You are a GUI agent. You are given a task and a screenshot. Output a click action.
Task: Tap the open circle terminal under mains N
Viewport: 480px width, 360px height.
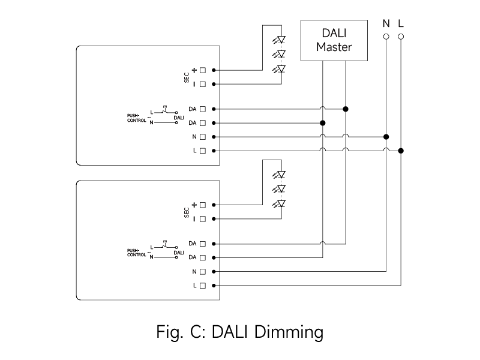386,37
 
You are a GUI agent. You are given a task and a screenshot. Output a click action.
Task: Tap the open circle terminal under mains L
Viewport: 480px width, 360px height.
401,37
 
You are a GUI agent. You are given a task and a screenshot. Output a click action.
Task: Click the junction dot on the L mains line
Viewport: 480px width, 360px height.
401,151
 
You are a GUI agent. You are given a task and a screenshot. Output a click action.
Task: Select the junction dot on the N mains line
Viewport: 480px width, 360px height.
386,137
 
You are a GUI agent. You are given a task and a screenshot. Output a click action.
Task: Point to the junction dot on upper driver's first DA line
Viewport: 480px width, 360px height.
346,109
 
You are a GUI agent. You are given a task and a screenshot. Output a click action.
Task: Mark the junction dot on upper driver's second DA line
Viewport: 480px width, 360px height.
323,123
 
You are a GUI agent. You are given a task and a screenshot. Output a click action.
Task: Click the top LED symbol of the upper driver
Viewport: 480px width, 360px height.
279,40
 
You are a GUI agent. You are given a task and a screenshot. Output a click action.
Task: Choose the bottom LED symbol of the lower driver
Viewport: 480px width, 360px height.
279,203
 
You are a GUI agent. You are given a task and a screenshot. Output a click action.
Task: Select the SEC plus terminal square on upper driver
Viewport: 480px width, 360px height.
203,70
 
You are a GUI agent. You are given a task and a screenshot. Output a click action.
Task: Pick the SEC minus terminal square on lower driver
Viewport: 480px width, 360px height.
203,219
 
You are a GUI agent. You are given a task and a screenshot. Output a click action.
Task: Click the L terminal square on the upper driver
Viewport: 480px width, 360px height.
203,151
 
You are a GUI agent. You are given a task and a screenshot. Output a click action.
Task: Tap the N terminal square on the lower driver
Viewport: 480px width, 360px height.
203,272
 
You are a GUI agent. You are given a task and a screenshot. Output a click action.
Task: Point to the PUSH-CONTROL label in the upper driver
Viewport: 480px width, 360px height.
137,118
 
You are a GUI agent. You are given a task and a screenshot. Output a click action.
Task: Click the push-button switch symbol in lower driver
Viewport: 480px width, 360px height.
166,245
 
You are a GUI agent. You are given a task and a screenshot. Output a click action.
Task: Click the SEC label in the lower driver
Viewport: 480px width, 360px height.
187,212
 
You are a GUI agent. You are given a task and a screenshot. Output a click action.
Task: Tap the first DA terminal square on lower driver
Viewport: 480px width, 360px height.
203,244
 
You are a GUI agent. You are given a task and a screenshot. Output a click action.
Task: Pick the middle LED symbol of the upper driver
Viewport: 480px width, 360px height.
279,54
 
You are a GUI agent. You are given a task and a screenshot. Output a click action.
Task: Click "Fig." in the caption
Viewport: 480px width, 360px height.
170,332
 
